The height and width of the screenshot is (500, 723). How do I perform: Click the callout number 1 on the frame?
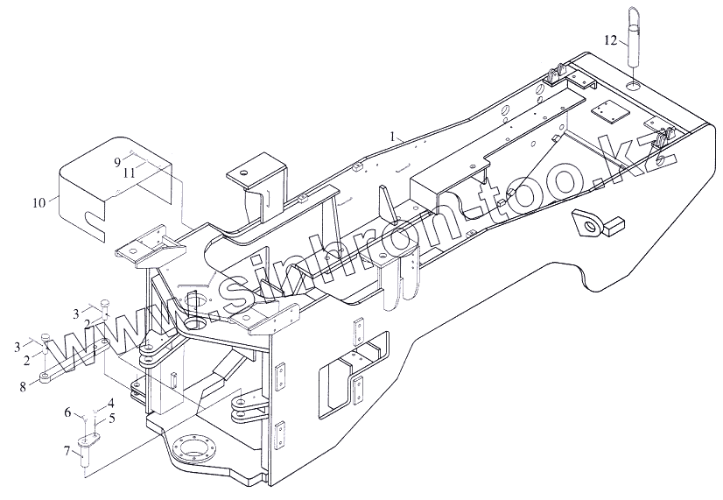(x=395, y=136)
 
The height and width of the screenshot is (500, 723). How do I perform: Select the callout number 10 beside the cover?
(x=39, y=202)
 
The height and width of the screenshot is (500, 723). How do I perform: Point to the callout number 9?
(x=116, y=162)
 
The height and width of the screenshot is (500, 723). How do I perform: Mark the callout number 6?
(x=67, y=411)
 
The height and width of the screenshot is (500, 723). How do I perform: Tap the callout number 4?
(x=111, y=404)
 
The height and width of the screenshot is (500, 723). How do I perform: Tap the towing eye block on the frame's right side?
(x=590, y=225)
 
